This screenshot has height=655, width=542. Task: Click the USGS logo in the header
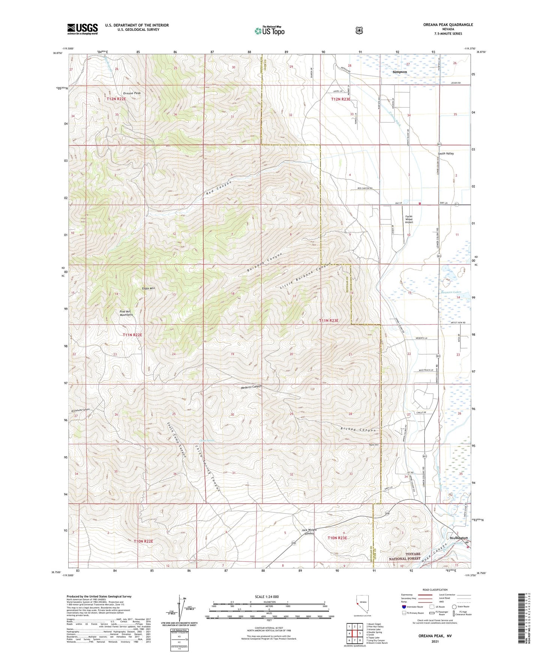(x=83, y=29)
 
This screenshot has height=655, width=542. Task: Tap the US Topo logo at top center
(x=269, y=30)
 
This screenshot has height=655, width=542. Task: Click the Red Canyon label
(x=219, y=188)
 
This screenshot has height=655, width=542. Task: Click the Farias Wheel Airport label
(x=409, y=219)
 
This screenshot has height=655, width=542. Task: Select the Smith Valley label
(x=446, y=153)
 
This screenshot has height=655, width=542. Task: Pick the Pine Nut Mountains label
(x=126, y=313)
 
